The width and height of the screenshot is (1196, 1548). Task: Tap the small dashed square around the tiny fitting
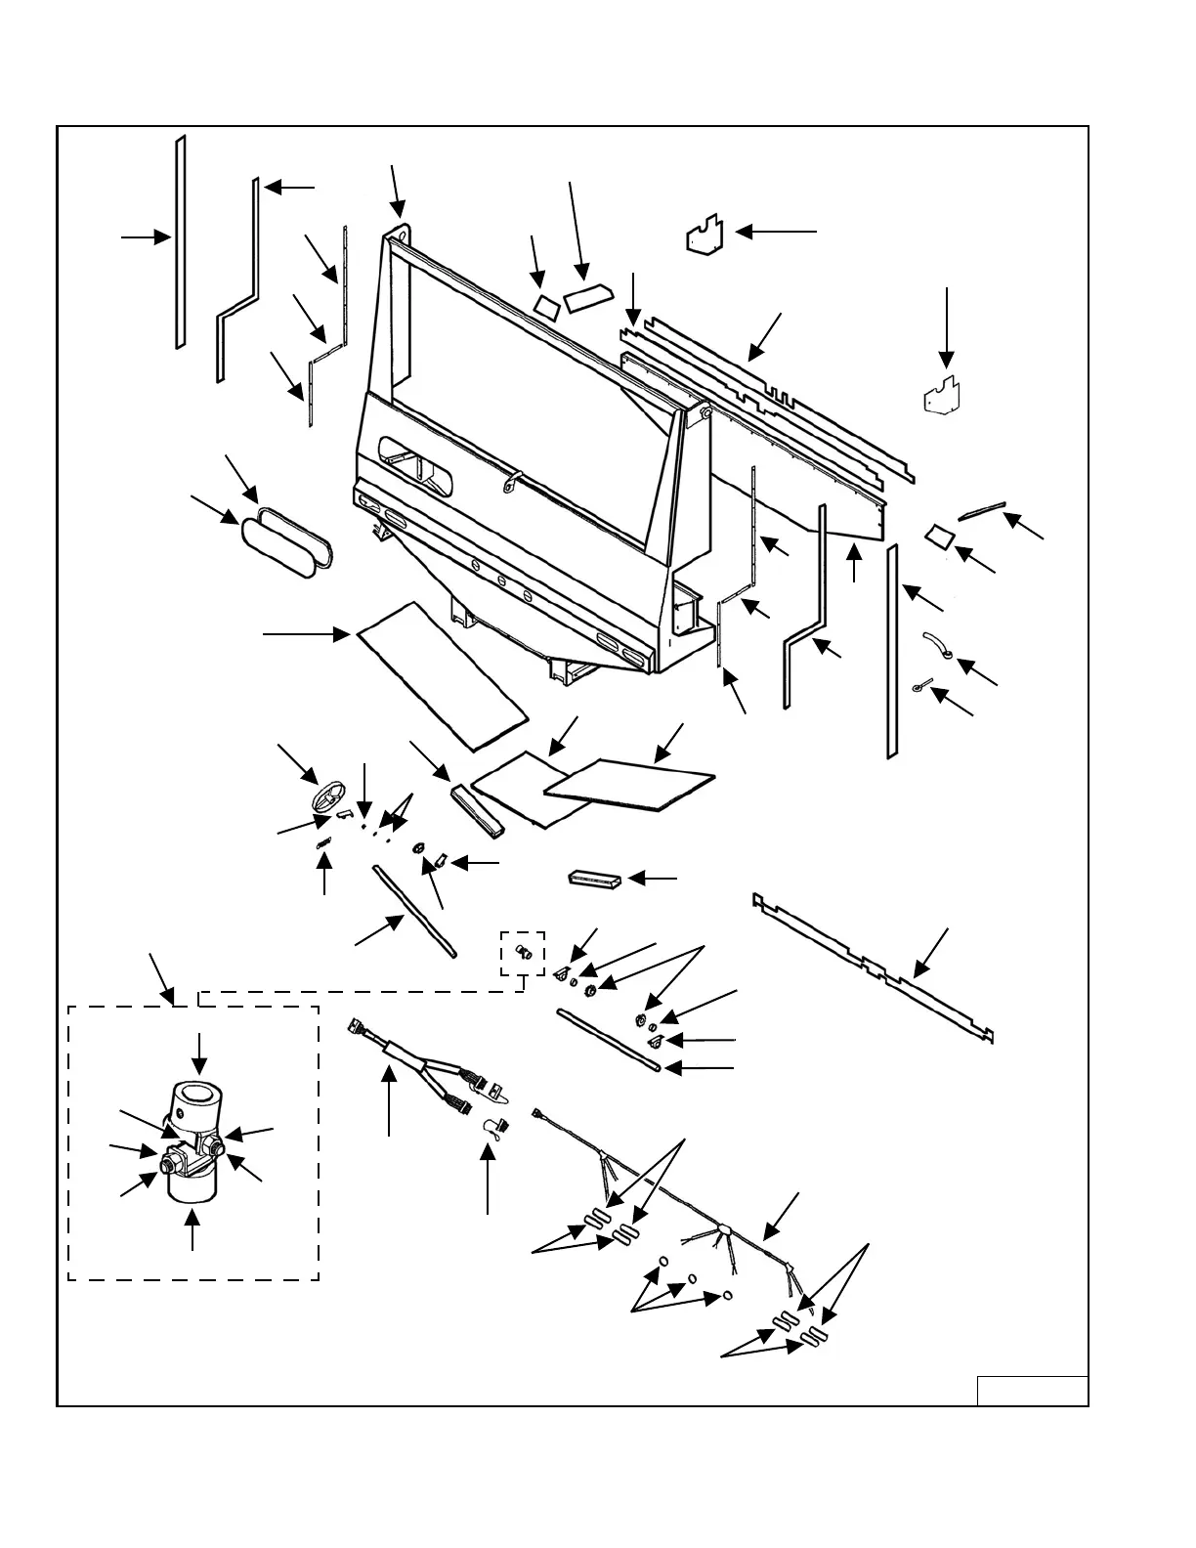[523, 953]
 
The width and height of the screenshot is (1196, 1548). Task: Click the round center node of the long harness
[724, 1229]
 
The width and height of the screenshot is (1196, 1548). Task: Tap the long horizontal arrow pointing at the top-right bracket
[776, 232]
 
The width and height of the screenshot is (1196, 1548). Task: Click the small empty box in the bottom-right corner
[1032, 1390]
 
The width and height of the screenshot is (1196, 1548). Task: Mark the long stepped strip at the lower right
[875, 967]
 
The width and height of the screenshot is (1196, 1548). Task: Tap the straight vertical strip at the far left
[180, 242]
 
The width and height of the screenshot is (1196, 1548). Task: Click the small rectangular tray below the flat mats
[594, 879]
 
